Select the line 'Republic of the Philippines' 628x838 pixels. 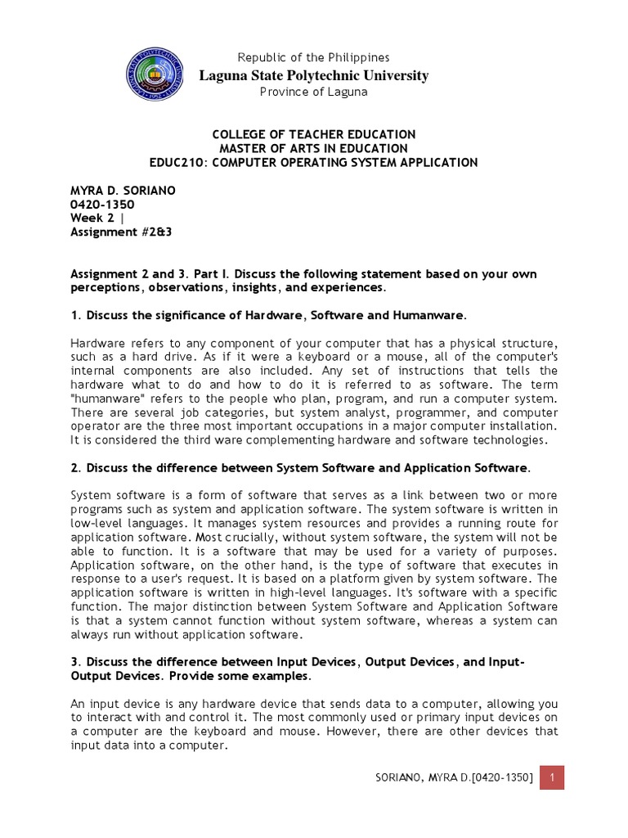[313, 57]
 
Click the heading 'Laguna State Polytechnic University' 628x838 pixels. [314, 75]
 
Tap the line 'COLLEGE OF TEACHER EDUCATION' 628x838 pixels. [314, 134]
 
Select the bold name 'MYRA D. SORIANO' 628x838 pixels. [123, 191]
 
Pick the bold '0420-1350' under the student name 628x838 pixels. [102, 205]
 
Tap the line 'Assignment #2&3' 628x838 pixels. [122, 232]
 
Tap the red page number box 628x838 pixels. [552, 777]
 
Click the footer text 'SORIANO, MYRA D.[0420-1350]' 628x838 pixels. [449, 777]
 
